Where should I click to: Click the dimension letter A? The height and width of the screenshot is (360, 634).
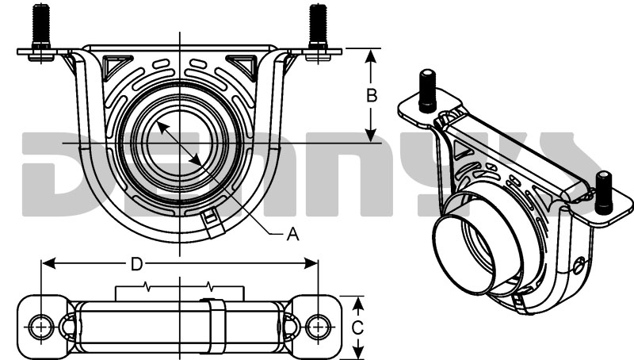coord(292,234)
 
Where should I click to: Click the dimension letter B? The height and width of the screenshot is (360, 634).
coord(370,95)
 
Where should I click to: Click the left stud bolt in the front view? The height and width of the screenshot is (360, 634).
coord(39,28)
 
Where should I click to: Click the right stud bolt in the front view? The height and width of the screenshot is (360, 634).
coord(318,28)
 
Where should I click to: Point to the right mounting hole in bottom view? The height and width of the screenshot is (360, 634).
coord(318,326)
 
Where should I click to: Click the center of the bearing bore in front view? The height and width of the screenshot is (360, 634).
coord(180,143)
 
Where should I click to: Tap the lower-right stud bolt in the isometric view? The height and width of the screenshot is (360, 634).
coord(604,192)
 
